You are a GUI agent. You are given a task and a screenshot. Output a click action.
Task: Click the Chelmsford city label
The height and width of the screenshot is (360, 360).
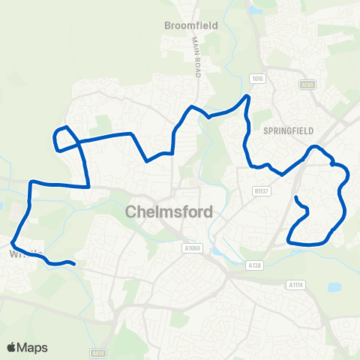[x=169, y=211]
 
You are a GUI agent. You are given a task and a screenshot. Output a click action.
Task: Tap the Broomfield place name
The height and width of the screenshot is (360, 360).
[x=191, y=25]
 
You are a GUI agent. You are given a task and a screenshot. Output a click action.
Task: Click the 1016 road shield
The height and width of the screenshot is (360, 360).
[x=259, y=78]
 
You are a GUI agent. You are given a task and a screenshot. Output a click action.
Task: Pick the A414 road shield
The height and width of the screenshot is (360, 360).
[x=98, y=352]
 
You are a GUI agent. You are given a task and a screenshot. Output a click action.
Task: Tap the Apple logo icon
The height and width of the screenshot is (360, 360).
[x=11, y=347]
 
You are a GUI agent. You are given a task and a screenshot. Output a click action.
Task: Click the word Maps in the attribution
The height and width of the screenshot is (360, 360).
[x=33, y=347]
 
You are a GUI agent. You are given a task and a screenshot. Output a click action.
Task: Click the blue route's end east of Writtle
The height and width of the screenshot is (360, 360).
[x=73, y=263]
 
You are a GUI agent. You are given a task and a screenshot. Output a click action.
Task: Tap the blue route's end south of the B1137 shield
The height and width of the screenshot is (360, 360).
[x=296, y=198]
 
